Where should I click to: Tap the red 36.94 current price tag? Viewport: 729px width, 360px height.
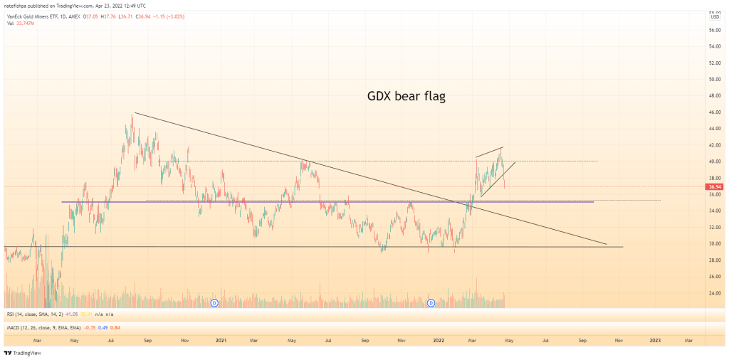(x=714, y=187)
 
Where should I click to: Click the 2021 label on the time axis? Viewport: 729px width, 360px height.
(x=221, y=341)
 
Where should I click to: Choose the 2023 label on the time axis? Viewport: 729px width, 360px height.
(x=655, y=341)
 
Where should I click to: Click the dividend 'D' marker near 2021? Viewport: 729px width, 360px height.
(x=214, y=303)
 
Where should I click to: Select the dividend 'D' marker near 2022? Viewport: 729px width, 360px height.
(x=431, y=303)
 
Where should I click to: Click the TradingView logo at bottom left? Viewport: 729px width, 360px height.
(x=23, y=353)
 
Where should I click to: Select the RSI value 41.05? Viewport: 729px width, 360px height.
(x=71, y=314)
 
